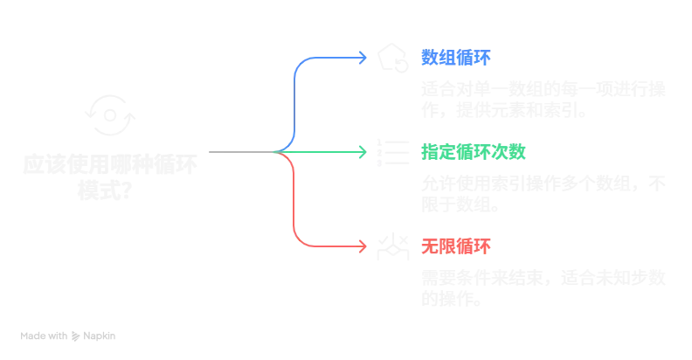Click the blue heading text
[456, 59]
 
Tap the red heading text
[456, 246]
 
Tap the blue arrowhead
[365, 58]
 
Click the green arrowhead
[365, 151]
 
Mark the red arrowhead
[365, 246]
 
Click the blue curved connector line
[297, 96]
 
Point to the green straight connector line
[328, 151]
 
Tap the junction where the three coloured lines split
[280, 152]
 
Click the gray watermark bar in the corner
[69, 335]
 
